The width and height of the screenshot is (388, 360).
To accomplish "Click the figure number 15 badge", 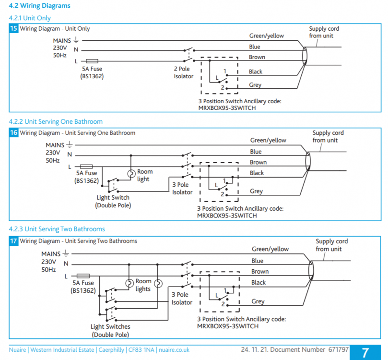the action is [13, 28].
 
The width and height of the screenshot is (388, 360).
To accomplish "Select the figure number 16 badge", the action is [13, 132].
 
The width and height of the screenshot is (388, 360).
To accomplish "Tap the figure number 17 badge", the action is [13, 241].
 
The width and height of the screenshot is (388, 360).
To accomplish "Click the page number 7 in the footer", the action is [365, 353].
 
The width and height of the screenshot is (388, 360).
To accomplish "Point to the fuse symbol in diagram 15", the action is [92, 61].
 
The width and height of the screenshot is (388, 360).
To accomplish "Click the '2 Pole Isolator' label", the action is [183, 72].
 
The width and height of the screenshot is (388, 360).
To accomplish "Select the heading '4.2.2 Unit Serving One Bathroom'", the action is [56, 121].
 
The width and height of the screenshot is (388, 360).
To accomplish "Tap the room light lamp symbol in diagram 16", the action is [131, 174].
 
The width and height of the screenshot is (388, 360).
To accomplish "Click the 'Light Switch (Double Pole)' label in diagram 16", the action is [113, 201].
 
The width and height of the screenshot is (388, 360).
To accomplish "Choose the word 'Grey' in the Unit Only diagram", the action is [255, 85].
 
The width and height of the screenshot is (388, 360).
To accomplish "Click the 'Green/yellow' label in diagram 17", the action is [270, 249].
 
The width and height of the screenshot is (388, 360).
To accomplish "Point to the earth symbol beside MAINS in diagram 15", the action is [76, 40].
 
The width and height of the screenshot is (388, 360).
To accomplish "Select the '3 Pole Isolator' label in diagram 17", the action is [182, 299].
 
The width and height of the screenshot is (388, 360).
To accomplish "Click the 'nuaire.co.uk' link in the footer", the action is [174, 350].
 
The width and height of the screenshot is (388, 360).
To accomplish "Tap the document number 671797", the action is [338, 349].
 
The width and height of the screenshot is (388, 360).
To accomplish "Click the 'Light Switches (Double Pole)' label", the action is [110, 331].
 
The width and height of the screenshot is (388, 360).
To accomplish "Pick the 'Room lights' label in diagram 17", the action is [143, 285].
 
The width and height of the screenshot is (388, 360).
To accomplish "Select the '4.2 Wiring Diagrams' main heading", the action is [40, 6].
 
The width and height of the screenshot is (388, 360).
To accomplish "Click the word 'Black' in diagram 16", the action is [257, 173].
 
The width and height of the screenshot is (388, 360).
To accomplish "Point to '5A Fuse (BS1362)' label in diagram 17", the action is [83, 287].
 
